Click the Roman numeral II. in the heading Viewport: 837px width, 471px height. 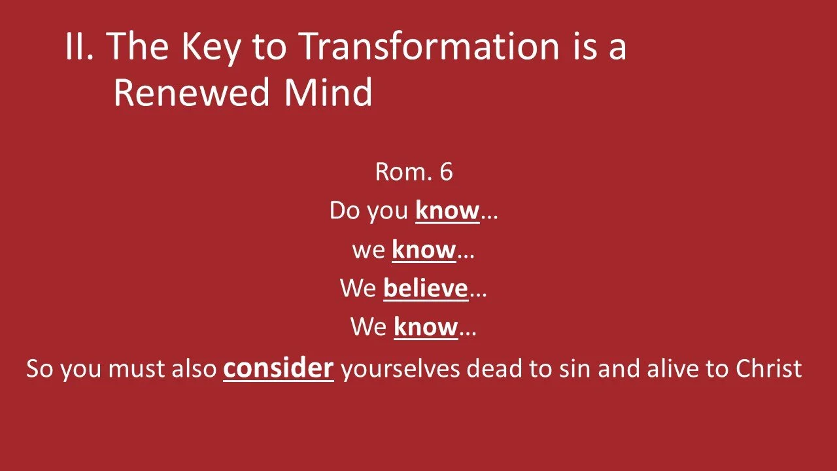pyautogui.click(x=79, y=47)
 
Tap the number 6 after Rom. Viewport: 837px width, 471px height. pyautogui.click(x=446, y=172)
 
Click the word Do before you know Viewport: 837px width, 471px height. pyautogui.click(x=345, y=211)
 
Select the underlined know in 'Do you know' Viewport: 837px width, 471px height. pyautogui.click(x=447, y=211)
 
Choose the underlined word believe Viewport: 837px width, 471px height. pyautogui.click(x=426, y=288)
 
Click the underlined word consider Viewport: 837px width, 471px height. pyautogui.click(x=279, y=368)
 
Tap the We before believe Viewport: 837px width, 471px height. pyautogui.click(x=358, y=288)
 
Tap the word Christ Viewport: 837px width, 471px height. pyautogui.click(x=768, y=368)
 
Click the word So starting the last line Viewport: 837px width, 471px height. pyautogui.click(x=40, y=369)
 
